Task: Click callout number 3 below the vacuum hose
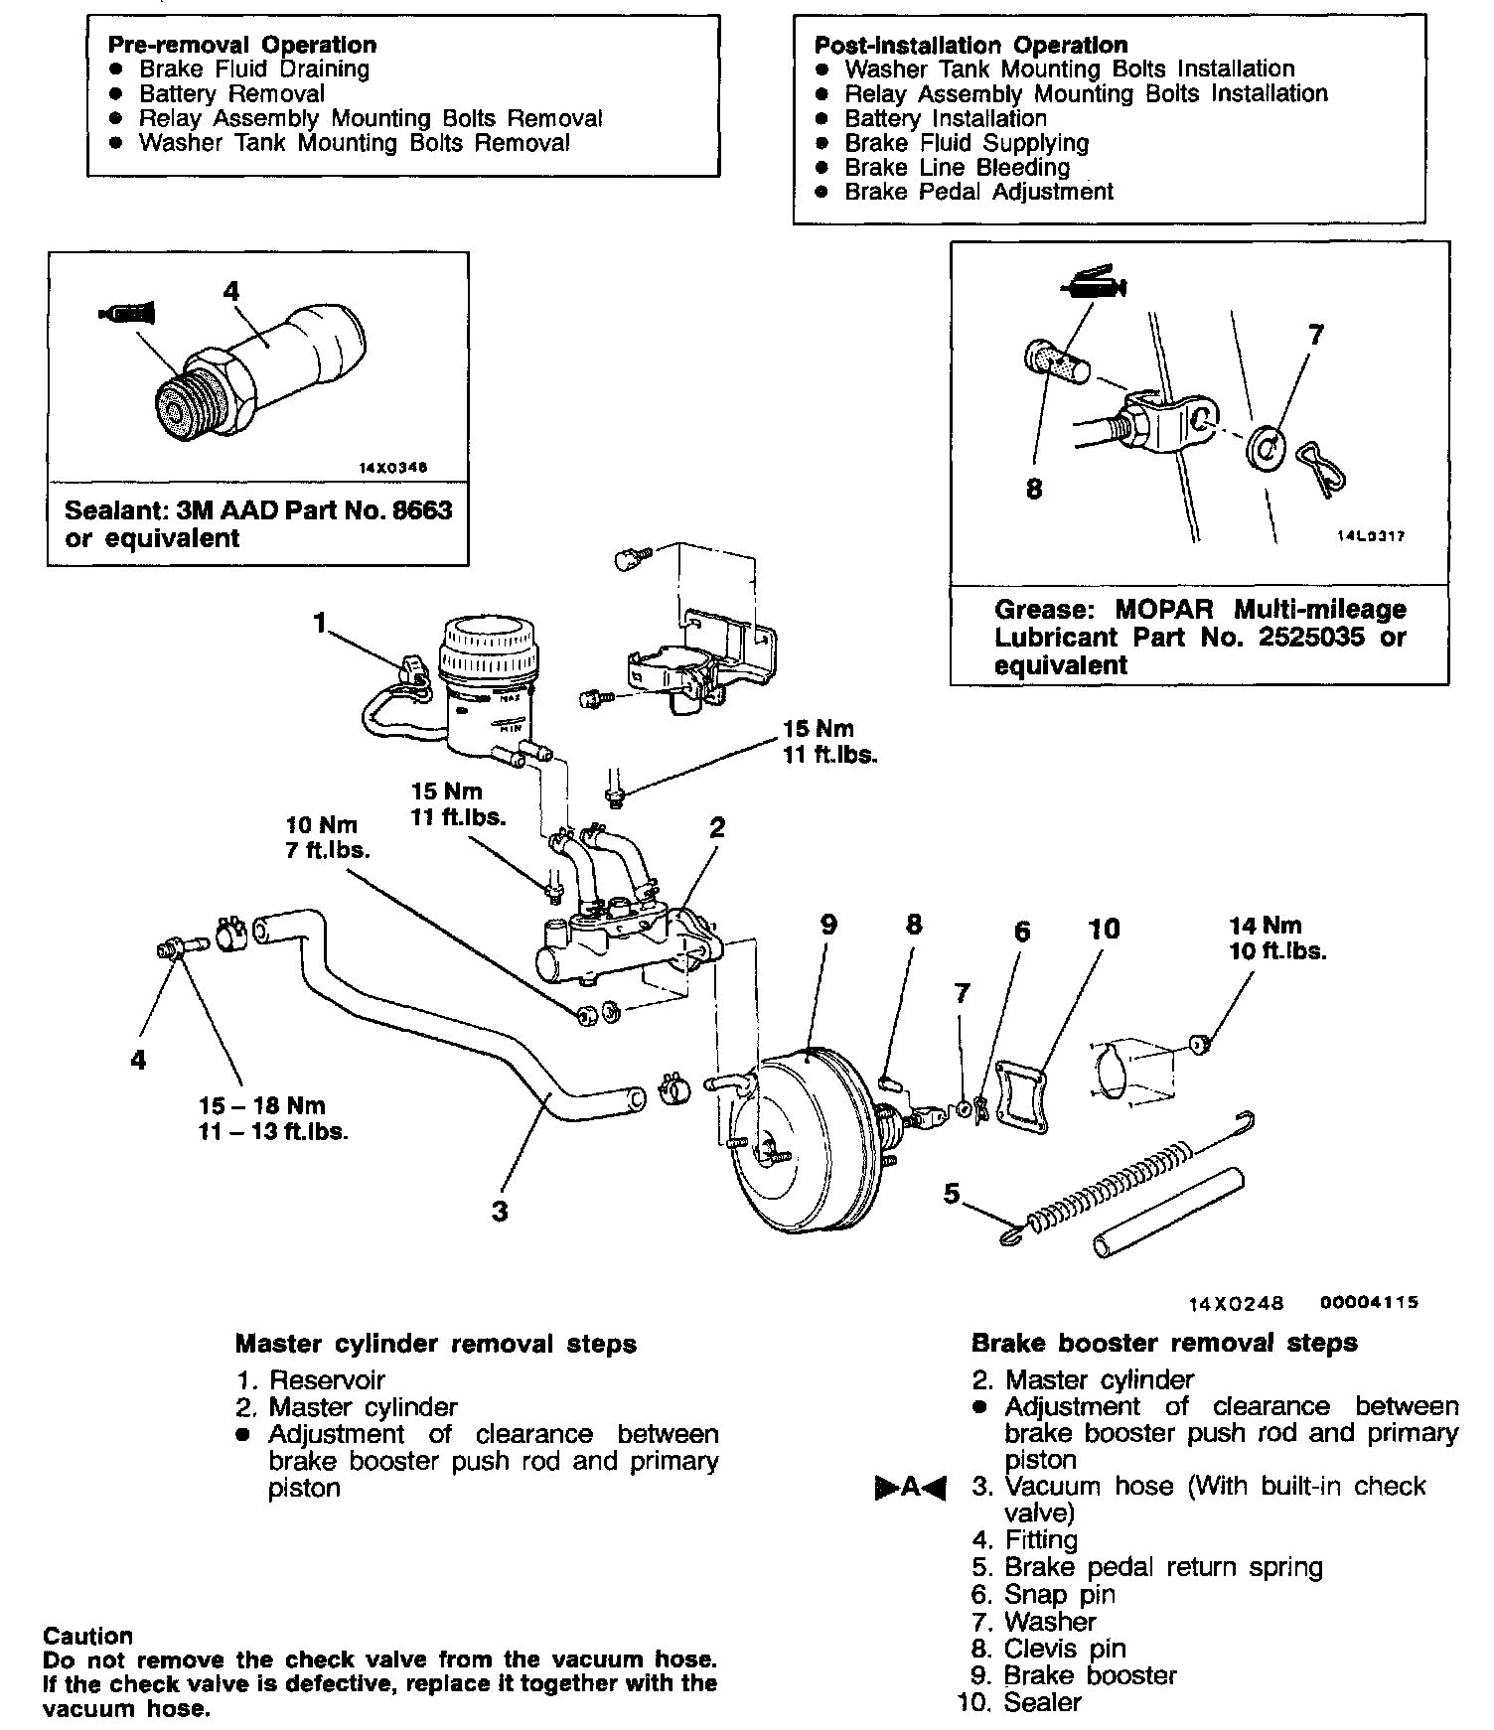tap(500, 1212)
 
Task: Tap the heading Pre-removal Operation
tap(242, 45)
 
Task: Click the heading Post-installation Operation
tap(971, 45)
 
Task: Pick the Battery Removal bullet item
tap(231, 94)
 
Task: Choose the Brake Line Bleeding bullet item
tap(957, 167)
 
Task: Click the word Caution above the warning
tap(87, 1636)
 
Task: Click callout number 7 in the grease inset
tap(1316, 335)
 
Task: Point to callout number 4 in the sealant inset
tap(231, 291)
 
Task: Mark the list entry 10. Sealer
tap(1020, 1702)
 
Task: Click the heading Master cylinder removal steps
tap(435, 1344)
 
